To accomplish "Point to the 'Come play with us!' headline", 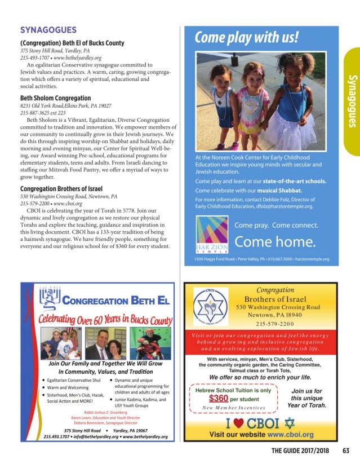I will pyautogui.click(x=247, y=38).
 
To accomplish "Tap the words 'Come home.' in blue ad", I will pyautogui.click(x=274, y=242).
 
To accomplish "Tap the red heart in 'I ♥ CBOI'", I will pyautogui.click(x=239, y=423).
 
